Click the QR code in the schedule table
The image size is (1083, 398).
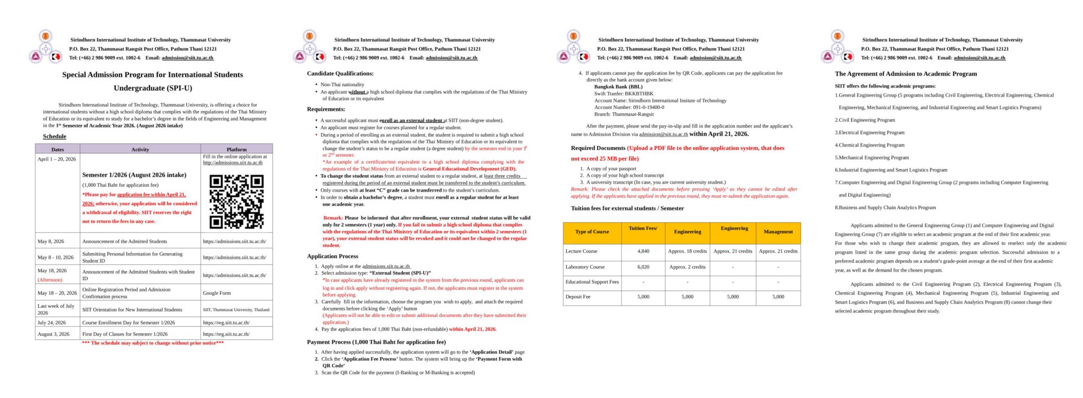tap(236, 201)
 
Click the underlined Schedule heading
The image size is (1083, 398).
tap(55, 136)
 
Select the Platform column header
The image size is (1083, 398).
tap(236, 149)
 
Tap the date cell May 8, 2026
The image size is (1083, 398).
tap(51, 241)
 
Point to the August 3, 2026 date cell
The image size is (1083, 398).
tap(54, 334)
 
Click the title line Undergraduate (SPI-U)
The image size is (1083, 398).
tap(153, 88)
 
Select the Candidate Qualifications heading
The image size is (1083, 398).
tap(340, 74)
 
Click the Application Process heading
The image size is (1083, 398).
tap(333, 256)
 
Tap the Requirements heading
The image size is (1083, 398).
tap(326, 109)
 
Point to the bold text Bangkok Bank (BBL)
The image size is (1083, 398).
tap(618, 87)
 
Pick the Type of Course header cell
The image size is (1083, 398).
tap(592, 232)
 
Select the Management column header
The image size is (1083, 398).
tap(778, 232)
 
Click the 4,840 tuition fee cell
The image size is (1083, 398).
tap(643, 251)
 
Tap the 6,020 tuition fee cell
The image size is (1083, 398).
tap(643, 267)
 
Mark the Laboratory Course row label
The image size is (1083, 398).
tap(585, 267)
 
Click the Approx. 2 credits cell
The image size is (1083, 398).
tap(687, 267)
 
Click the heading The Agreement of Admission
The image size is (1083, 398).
tap(906, 74)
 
